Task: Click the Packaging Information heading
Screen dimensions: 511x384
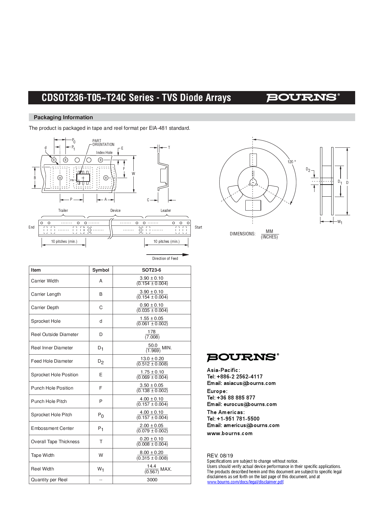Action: click(63, 117)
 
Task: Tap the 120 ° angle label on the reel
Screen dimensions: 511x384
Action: click(291, 162)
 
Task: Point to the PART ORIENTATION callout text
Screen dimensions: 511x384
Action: click(103, 143)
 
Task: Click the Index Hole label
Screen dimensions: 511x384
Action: click(104, 153)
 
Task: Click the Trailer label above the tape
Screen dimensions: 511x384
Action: click(63, 211)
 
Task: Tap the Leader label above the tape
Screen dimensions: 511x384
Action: click(166, 211)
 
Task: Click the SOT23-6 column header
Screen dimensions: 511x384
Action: click(151, 270)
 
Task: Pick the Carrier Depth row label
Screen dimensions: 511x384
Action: click(45, 308)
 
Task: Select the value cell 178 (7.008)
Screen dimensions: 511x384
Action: click(152, 334)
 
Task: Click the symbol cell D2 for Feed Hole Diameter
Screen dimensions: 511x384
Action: click(100, 361)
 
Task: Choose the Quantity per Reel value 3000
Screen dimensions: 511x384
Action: click(152, 480)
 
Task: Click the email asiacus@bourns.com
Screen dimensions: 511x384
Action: click(249, 383)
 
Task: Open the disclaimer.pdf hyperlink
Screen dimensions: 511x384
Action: click(245, 482)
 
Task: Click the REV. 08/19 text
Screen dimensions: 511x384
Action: click(220, 456)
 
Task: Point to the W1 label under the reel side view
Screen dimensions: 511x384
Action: click(340, 222)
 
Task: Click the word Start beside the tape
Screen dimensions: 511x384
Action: click(198, 227)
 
